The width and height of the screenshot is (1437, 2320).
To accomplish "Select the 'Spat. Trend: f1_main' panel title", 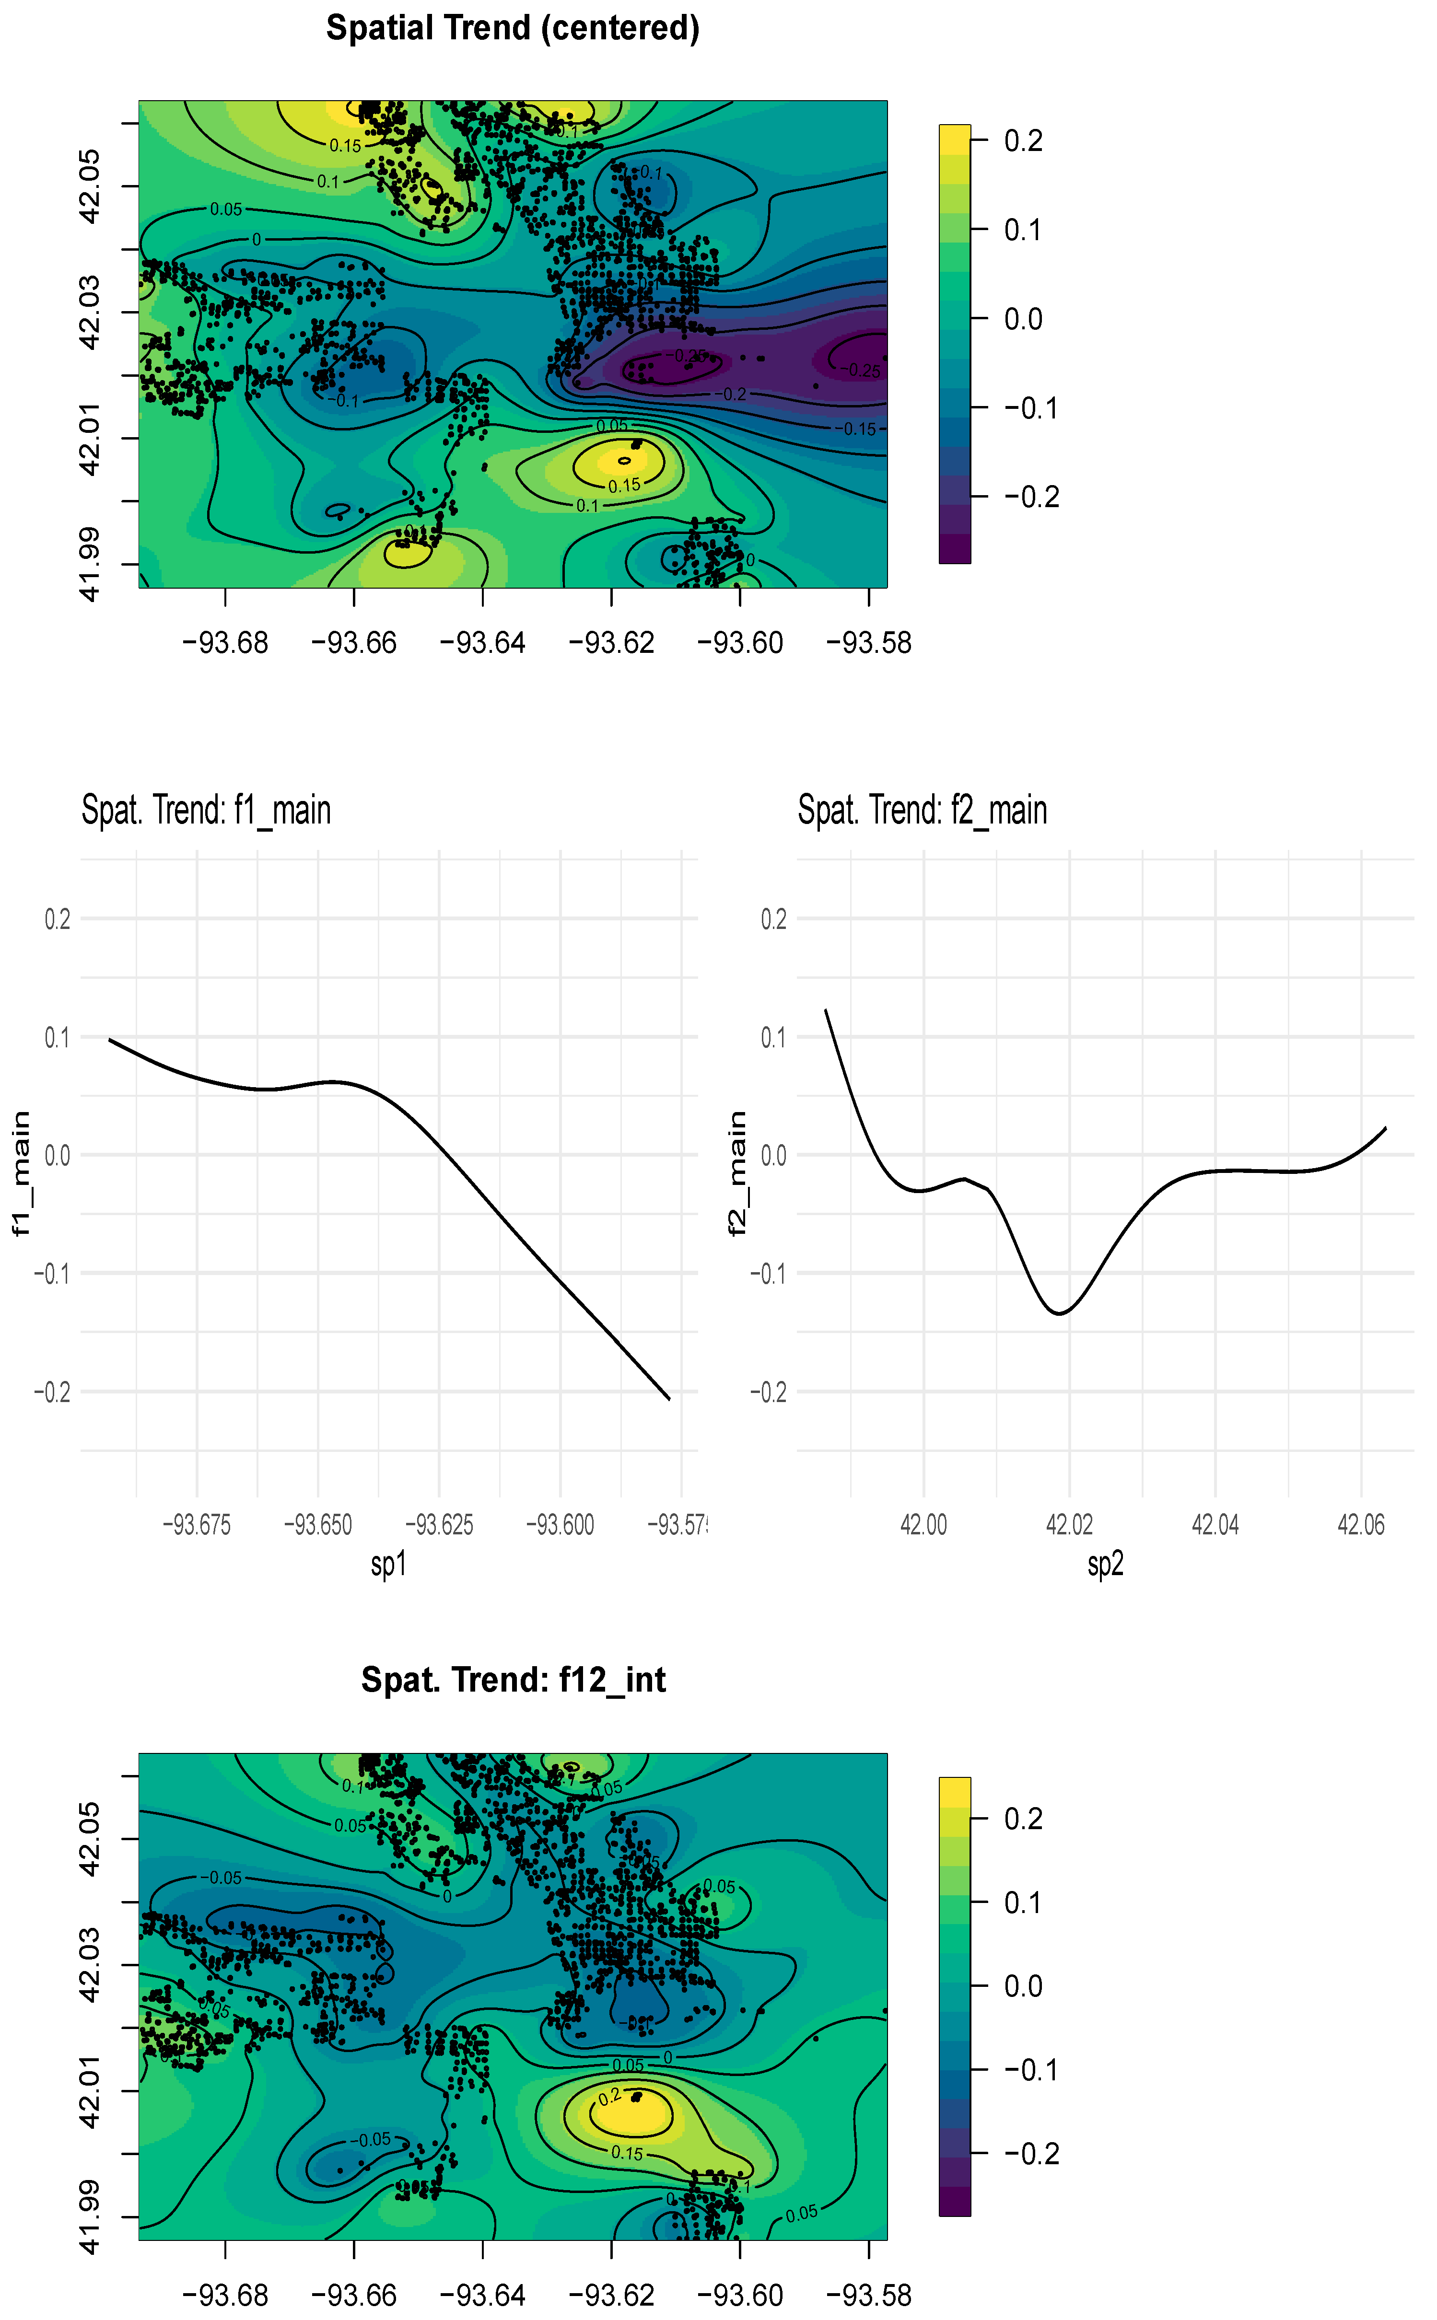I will (206, 811).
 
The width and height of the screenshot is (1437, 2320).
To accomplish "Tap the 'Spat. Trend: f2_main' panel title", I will (922, 811).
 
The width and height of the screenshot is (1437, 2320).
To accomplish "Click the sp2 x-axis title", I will (1105, 1563).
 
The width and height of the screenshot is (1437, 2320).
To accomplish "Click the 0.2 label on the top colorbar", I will (1024, 141).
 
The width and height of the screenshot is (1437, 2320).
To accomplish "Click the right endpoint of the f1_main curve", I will (669, 1398).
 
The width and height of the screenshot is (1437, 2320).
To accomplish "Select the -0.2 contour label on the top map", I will (734, 394).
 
